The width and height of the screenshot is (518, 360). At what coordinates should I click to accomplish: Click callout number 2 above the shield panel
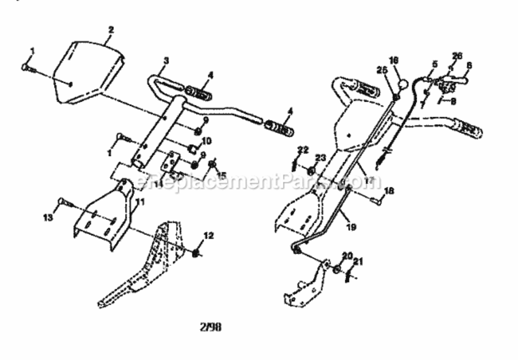point(111,30)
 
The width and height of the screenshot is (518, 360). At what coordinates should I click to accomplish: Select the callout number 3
point(166,60)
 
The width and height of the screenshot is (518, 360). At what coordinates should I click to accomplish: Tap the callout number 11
point(140,202)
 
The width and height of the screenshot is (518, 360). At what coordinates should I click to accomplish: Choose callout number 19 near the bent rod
point(351,227)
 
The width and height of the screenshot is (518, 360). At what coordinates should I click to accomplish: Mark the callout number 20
point(348,255)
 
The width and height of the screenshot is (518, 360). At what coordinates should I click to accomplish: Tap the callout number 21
point(358,261)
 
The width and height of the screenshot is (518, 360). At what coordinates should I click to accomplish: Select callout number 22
point(302,150)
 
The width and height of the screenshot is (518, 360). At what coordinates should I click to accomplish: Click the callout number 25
point(382,70)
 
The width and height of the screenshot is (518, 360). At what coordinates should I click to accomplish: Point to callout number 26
point(457,56)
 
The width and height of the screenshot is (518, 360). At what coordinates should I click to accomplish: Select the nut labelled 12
point(196,252)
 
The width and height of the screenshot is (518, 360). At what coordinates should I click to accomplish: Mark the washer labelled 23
point(311,169)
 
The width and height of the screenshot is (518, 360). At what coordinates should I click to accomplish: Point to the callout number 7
point(423,105)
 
